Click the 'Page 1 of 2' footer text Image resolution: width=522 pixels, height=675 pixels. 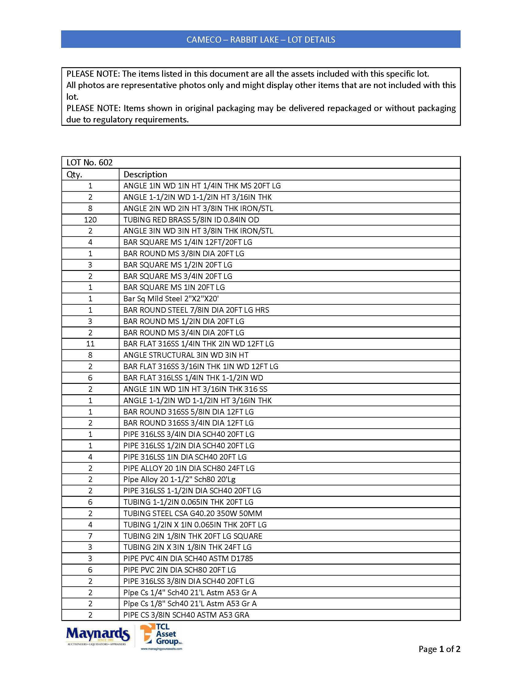click(439, 649)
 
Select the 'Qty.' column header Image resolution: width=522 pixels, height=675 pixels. click(74, 175)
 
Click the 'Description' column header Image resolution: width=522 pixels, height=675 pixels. click(145, 175)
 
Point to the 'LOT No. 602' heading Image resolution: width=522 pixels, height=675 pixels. click(89, 163)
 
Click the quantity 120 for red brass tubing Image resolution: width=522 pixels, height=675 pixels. click(90, 220)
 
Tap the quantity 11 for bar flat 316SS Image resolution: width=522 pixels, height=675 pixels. click(90, 344)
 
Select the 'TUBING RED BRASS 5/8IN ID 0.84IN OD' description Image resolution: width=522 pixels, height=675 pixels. click(191, 220)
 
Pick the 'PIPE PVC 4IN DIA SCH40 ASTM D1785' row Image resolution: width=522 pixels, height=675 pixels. click(188, 558)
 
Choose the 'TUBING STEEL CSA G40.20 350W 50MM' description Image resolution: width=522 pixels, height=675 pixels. click(193, 513)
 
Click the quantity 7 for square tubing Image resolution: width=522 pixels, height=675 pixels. click(90, 536)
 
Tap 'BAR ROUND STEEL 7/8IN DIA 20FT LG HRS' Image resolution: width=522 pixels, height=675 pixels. click(196, 310)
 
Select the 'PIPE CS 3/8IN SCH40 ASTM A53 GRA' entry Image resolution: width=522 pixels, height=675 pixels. click(186, 615)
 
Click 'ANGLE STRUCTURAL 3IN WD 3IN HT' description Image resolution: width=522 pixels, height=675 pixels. click(186, 355)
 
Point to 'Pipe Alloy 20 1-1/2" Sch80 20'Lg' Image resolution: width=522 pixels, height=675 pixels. click(179, 479)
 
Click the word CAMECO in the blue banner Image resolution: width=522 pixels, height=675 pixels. click(204, 40)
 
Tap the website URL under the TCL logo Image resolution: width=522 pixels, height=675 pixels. click(162, 649)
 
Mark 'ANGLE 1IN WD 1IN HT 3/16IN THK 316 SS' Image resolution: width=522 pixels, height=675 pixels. click(195, 389)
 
